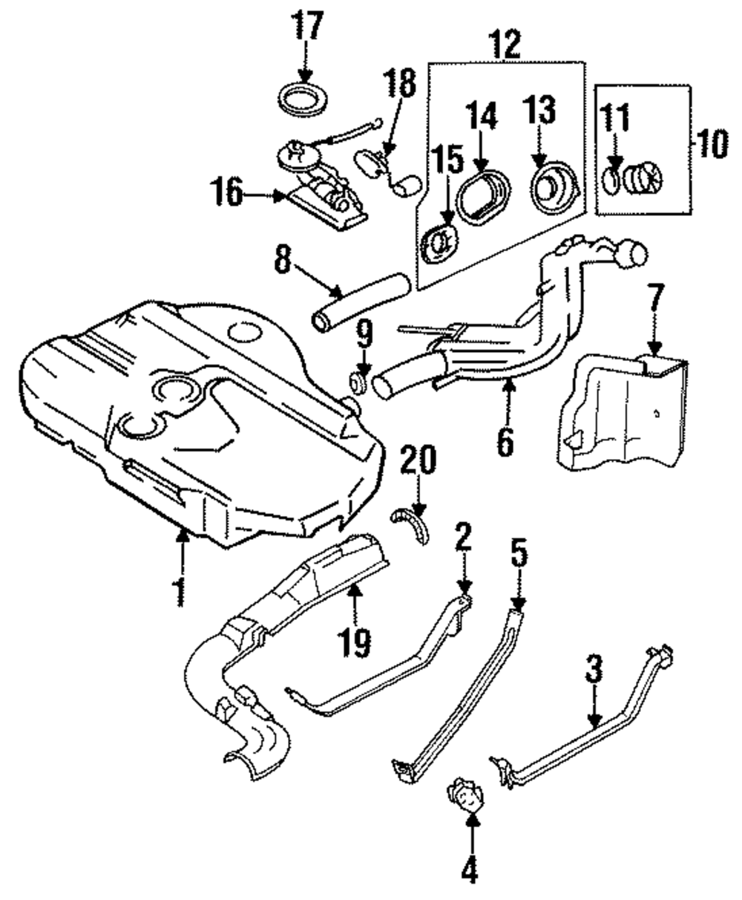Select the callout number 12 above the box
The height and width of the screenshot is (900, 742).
tap(507, 44)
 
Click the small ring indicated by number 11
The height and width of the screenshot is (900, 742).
tap(611, 181)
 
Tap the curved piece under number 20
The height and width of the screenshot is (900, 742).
tap(411, 525)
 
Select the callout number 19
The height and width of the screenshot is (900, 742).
tap(354, 642)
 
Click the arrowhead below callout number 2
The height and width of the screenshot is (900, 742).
tap(463, 586)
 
